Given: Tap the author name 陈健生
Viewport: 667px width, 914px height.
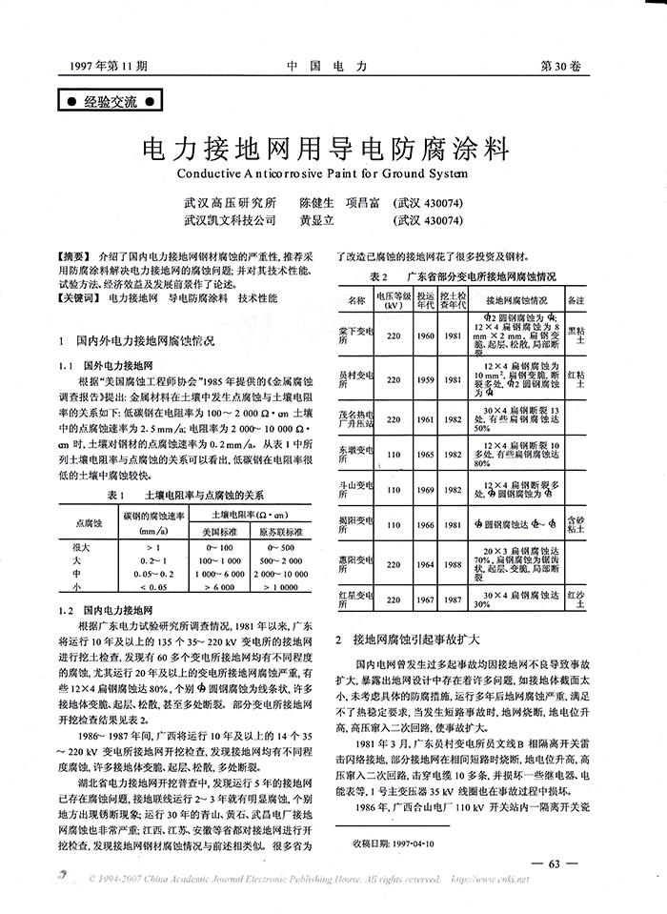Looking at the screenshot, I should click(x=317, y=204).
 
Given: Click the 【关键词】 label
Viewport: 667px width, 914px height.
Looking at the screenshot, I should click(x=78, y=297).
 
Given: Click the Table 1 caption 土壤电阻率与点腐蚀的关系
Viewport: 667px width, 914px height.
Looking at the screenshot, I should click(x=207, y=496).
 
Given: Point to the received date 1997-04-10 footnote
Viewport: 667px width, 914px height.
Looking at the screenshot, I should click(x=393, y=843).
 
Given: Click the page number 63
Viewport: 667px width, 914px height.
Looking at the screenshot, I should click(x=557, y=864).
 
